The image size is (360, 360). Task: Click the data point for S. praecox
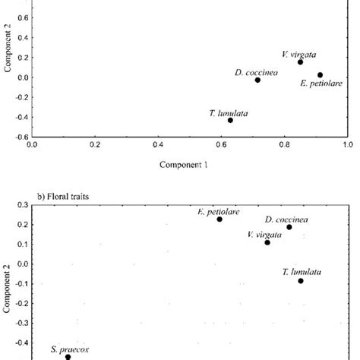68,356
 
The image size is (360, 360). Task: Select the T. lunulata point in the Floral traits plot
301,281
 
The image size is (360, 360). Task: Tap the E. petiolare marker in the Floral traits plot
219,219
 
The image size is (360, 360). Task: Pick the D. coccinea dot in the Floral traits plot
289,227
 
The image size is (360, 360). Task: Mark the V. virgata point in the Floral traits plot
267,242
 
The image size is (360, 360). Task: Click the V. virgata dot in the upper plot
301,62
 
